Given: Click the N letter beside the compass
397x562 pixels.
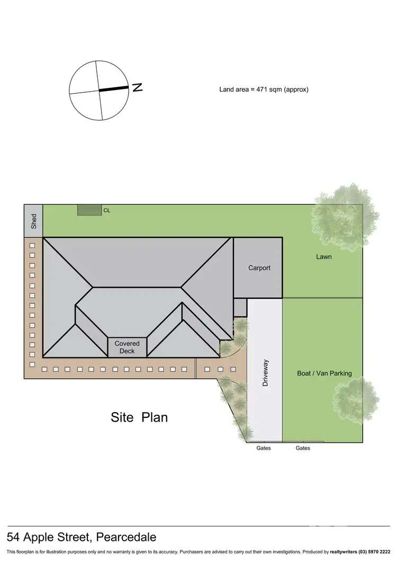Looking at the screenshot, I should tap(138, 87).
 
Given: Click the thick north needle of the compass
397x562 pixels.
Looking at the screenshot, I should tap(114, 90).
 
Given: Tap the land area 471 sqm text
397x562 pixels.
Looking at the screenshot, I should tap(264, 90).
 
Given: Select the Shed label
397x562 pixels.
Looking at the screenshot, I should tap(34, 221).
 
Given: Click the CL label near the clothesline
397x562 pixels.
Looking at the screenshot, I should tap(107, 210).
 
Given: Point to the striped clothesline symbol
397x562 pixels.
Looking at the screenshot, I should tap(89, 210).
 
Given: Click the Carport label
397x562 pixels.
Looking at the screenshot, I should tap(259, 268).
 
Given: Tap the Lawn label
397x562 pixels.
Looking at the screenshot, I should tap(324, 257).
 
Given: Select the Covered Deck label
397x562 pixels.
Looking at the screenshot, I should tap(127, 347).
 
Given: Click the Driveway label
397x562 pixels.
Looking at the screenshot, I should tap(266, 373).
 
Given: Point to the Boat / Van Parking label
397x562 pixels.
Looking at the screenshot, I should tap(324, 373).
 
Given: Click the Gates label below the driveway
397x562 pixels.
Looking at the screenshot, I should tap(264, 448).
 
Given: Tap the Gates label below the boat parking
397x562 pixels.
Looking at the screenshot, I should tap(303, 448).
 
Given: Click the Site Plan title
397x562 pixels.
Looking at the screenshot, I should tap(139, 417).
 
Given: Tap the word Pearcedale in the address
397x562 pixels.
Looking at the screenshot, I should tap(127, 537).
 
